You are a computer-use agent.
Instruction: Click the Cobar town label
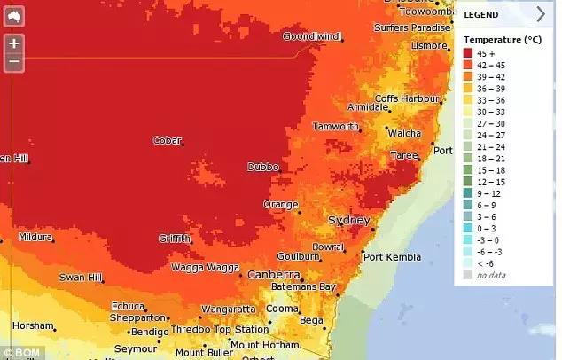pyautogui.click(x=167, y=140)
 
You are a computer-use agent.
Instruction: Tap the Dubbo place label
pyautogui.click(x=262, y=167)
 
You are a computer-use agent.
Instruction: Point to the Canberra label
pyautogui.click(x=272, y=275)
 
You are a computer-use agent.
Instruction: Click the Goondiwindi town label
pyautogui.click(x=312, y=36)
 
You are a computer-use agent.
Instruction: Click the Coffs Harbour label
pyautogui.click(x=408, y=98)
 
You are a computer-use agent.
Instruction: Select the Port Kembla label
pyautogui.click(x=393, y=258)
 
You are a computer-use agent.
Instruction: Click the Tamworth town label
pyautogui.click(x=336, y=127)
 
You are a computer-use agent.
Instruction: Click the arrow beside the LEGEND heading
pyautogui.click(x=541, y=13)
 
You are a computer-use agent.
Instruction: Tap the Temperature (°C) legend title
pyautogui.click(x=502, y=40)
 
